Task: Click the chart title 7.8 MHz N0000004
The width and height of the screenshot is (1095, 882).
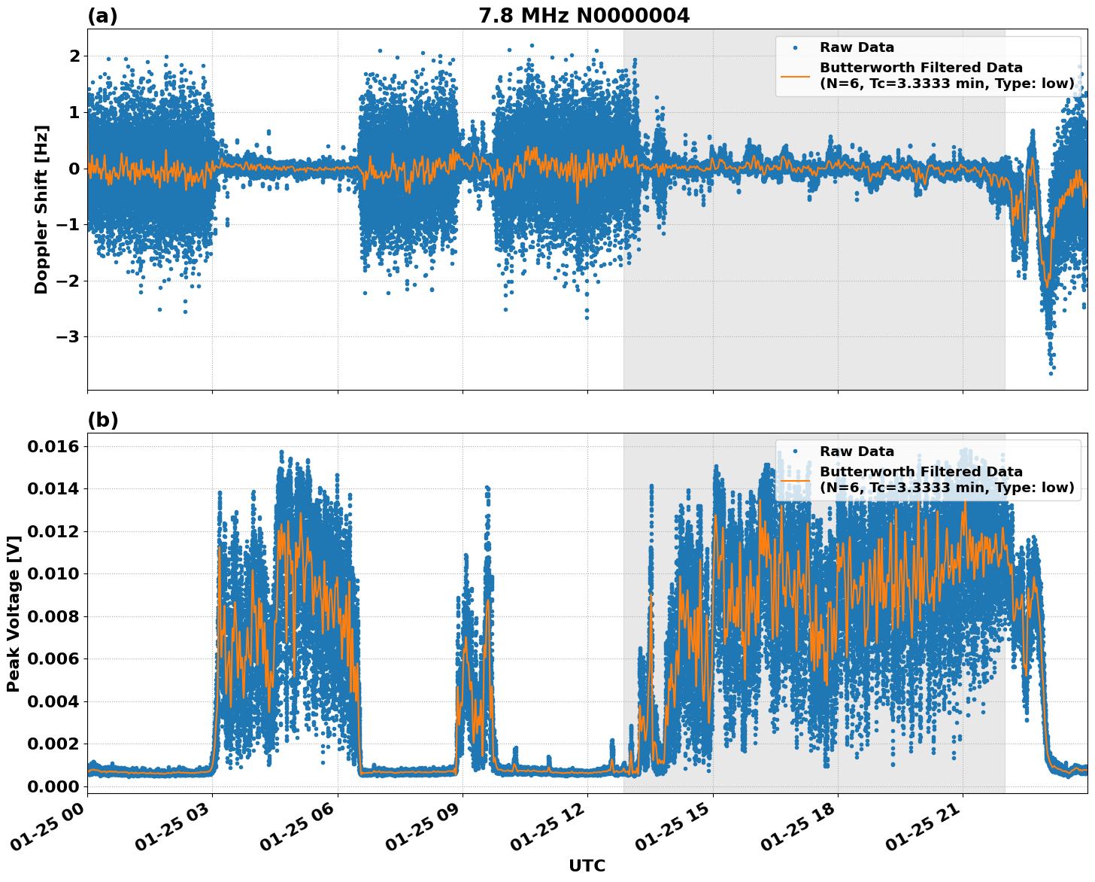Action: click(x=584, y=16)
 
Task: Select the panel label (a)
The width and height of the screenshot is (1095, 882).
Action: click(x=102, y=16)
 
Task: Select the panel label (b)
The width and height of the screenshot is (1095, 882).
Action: click(x=102, y=420)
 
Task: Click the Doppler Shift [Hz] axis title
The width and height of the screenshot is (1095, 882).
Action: click(x=41, y=209)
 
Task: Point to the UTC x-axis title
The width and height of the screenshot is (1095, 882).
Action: click(x=587, y=865)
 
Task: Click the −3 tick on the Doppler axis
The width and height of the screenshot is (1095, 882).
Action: click(x=68, y=336)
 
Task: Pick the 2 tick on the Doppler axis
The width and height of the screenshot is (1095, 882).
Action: click(x=74, y=56)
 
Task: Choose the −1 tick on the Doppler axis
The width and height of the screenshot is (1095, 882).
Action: click(x=68, y=224)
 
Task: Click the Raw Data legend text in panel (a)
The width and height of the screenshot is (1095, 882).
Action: click(x=857, y=47)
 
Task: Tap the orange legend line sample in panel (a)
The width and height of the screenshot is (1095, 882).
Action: click(x=795, y=76)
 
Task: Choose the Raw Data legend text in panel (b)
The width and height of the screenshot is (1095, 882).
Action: click(x=857, y=452)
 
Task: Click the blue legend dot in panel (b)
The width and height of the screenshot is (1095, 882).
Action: click(x=796, y=452)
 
